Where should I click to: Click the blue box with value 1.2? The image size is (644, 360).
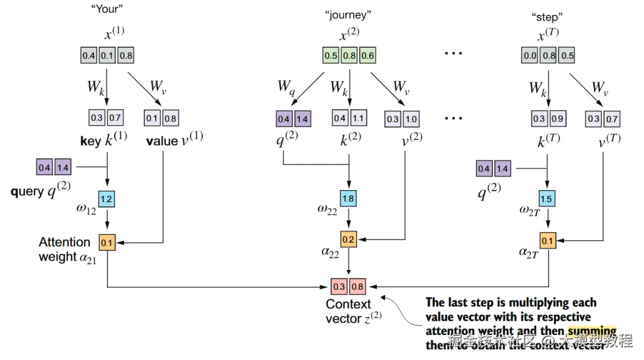107,198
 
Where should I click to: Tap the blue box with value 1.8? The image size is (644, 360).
348,198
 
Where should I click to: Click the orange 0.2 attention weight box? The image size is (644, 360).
348,240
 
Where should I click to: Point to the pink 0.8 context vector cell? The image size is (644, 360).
358,286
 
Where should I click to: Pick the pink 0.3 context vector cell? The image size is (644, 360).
339,286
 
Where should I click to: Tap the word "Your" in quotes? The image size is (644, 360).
107,10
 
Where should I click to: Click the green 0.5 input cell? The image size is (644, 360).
330,56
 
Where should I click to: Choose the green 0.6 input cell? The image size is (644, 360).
367,56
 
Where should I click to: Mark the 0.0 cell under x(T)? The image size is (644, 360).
529,56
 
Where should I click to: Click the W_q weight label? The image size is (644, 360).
286,86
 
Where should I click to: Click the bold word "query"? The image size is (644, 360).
27,192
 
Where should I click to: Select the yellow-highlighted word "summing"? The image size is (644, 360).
592,331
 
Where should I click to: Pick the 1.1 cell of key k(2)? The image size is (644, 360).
358,118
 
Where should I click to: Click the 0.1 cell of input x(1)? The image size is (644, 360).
107,56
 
